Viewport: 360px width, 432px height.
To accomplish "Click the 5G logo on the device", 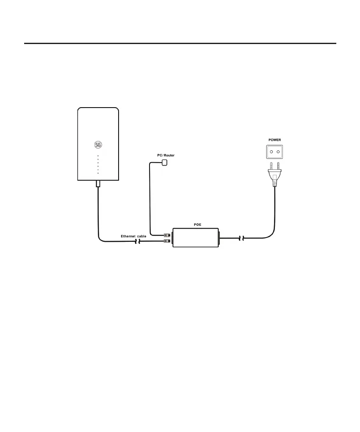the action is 98,144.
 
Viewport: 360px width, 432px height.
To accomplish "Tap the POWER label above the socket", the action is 274,139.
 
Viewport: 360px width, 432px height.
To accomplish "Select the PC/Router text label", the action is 166,155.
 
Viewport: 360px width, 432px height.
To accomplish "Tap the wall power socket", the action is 274,151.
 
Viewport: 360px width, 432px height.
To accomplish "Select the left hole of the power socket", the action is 270,151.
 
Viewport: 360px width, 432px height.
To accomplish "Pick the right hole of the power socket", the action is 278,151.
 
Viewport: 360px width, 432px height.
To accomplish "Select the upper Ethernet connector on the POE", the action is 167,234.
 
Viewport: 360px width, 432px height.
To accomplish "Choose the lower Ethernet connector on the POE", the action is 167,241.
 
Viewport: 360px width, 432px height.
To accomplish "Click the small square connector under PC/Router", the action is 165,162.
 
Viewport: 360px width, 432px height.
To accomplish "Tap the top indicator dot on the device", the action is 98,156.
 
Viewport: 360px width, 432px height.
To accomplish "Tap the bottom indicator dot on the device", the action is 98,173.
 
